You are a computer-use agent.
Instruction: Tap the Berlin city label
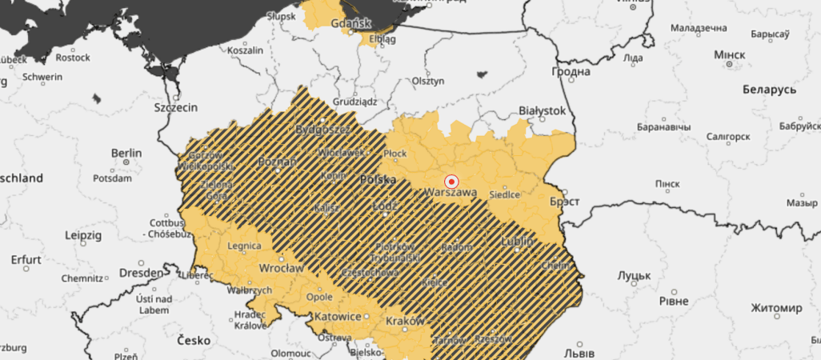pyautogui.click(x=126, y=153)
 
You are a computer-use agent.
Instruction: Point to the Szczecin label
pyautogui.click(x=175, y=106)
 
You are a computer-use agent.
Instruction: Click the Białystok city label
pyautogui.click(x=543, y=110)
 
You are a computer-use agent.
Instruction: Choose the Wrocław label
pyautogui.click(x=280, y=269)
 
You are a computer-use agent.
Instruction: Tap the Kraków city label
pyautogui.click(x=403, y=320)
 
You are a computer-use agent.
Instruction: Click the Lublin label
pyautogui.click(x=517, y=240)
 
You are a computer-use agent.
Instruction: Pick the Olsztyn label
pyautogui.click(x=427, y=81)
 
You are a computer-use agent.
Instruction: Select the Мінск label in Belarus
pyautogui.click(x=728, y=54)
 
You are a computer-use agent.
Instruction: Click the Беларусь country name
pyautogui.click(x=768, y=89)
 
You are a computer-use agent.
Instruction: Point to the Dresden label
pyautogui.click(x=141, y=272)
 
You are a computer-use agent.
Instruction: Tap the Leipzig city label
pyautogui.click(x=83, y=236)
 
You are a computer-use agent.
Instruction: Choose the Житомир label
pyautogui.click(x=776, y=308)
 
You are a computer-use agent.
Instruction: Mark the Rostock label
pyautogui.click(x=73, y=58)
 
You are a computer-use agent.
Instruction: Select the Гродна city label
pyautogui.click(x=571, y=71)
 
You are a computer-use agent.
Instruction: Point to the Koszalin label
pyautogui.click(x=246, y=50)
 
